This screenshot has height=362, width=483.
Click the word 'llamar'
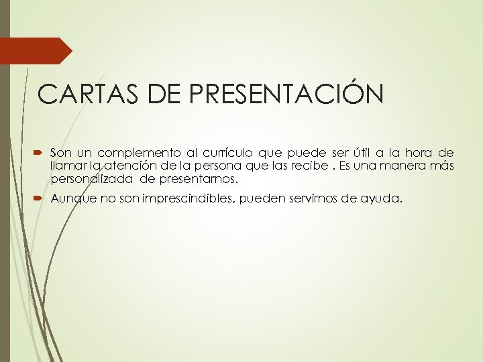66,166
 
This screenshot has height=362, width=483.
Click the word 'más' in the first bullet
443,166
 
